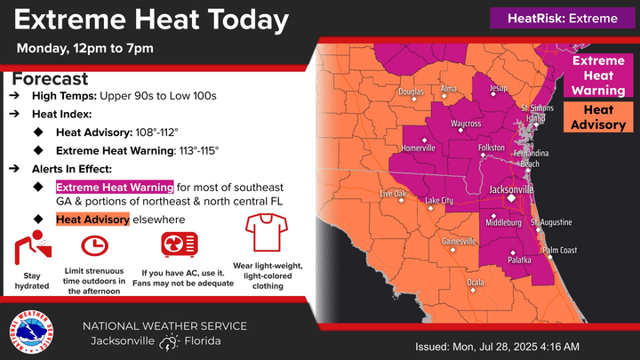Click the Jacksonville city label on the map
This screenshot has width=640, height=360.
click(x=512, y=189)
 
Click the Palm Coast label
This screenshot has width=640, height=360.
click(x=560, y=250)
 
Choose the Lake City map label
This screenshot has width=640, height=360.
click(x=439, y=200)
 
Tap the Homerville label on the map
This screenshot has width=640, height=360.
click(x=417, y=148)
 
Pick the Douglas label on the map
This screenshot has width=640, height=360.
click(x=411, y=92)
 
